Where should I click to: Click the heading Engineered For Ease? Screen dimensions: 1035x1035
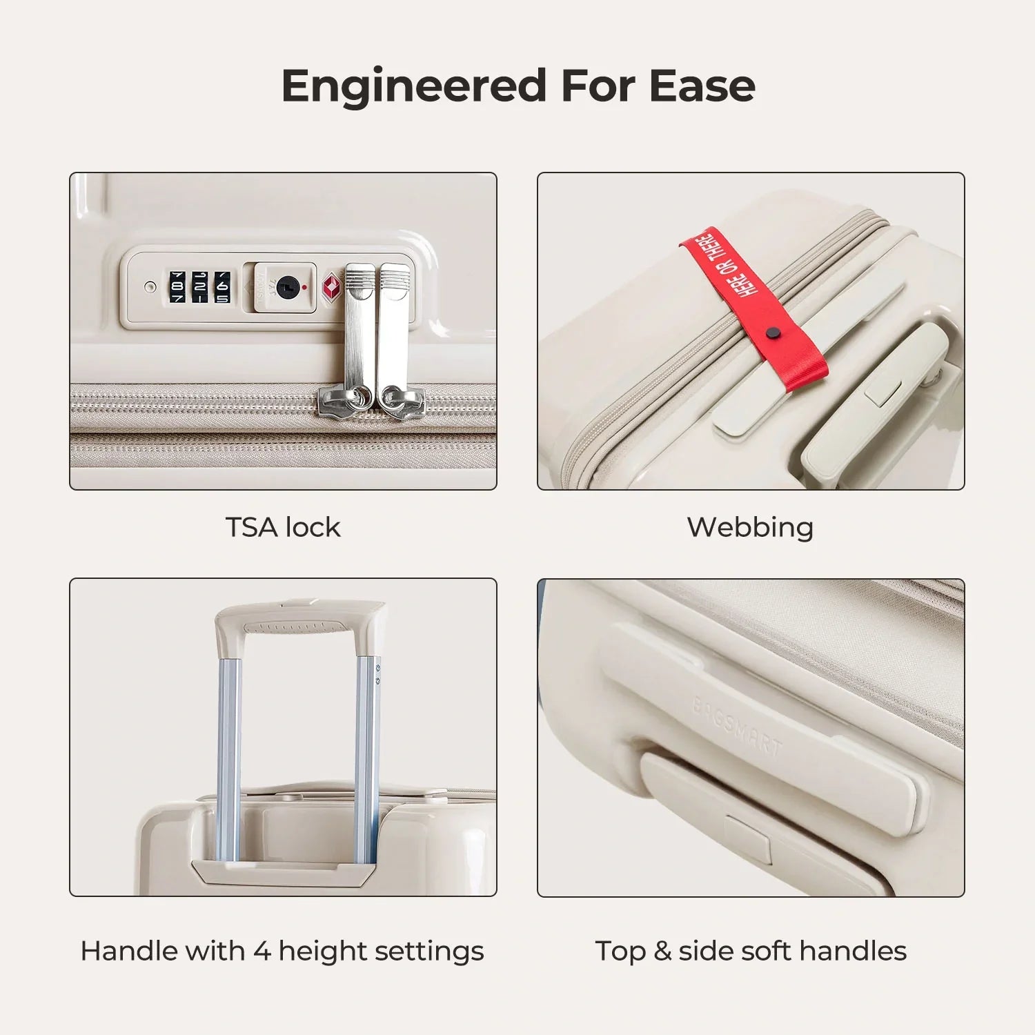(518, 86)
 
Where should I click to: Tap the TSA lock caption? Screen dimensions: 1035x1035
(283, 527)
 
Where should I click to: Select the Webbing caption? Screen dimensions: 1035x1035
(750, 528)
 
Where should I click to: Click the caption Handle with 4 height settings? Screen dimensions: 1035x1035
(282, 951)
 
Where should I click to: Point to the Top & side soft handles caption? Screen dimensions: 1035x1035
(751, 951)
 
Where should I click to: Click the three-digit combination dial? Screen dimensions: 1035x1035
(199, 286)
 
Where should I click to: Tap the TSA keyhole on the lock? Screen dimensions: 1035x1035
(285, 285)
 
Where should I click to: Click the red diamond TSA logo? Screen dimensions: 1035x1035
(332, 286)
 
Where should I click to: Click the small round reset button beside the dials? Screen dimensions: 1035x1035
(150, 286)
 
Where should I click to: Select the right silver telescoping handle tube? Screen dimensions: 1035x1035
(366, 759)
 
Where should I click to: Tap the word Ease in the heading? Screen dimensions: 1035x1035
(702, 86)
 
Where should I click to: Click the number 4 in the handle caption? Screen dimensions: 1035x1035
(262, 951)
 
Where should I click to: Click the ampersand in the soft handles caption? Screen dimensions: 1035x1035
(662, 951)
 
